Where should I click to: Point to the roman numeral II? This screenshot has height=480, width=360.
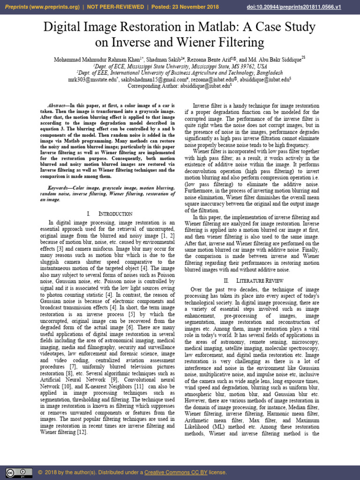(x=226, y=280)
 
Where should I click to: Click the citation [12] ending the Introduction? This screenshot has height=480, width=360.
(x=80, y=432)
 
